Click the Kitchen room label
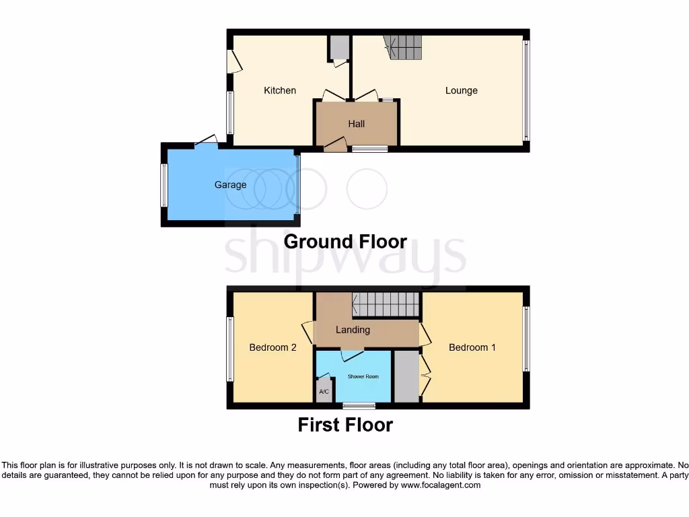pyautogui.click(x=279, y=90)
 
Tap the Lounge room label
pyautogui.click(x=461, y=90)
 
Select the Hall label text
pyautogui.click(x=356, y=124)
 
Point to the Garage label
pyautogui.click(x=230, y=184)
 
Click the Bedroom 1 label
pyautogui.click(x=472, y=347)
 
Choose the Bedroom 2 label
pyautogui.click(x=273, y=347)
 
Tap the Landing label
pyautogui.click(x=353, y=330)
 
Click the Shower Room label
pyautogui.click(x=363, y=376)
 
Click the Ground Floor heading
pyautogui.click(x=345, y=241)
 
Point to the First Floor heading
pyautogui.click(x=345, y=425)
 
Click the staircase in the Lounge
pyautogui.click(x=405, y=47)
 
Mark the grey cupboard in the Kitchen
pyautogui.click(x=338, y=47)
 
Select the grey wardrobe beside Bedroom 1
pyautogui.click(x=406, y=376)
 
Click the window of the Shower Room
pyautogui.click(x=359, y=405)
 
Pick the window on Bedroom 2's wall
pyautogui.click(x=230, y=349)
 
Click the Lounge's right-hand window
pyautogui.click(x=526, y=90)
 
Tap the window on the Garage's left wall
pyautogui.click(x=164, y=185)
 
